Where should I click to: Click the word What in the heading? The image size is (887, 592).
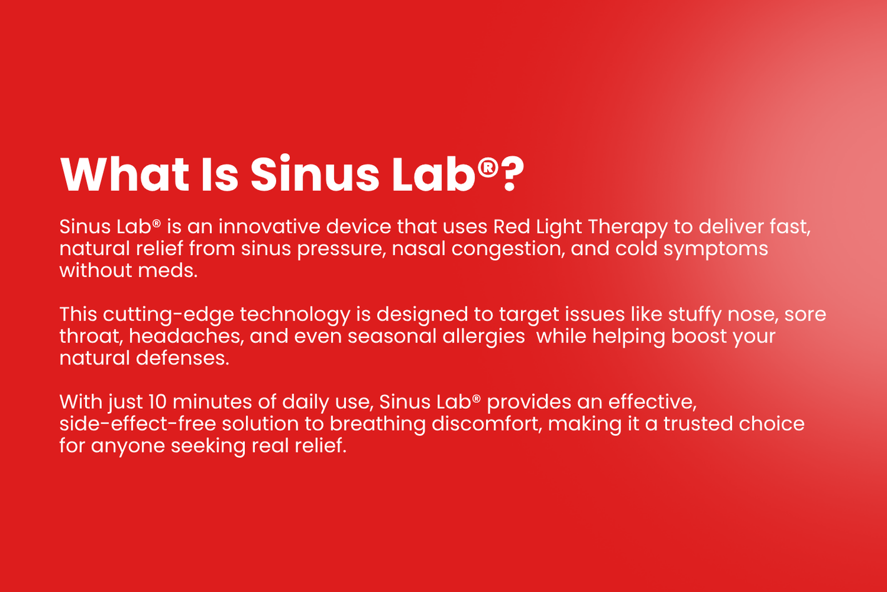tap(125, 174)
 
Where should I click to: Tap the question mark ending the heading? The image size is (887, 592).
tap(513, 174)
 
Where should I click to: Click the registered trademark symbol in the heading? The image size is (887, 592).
tap(488, 167)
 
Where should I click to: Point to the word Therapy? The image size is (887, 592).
tap(628, 228)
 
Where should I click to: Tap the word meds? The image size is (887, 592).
tap(167, 271)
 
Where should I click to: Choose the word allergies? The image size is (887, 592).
tap(483, 337)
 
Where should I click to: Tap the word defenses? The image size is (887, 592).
tap(182, 358)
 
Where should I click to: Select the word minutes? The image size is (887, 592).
tap(212, 402)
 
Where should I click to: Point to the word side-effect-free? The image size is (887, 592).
tap(137, 424)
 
